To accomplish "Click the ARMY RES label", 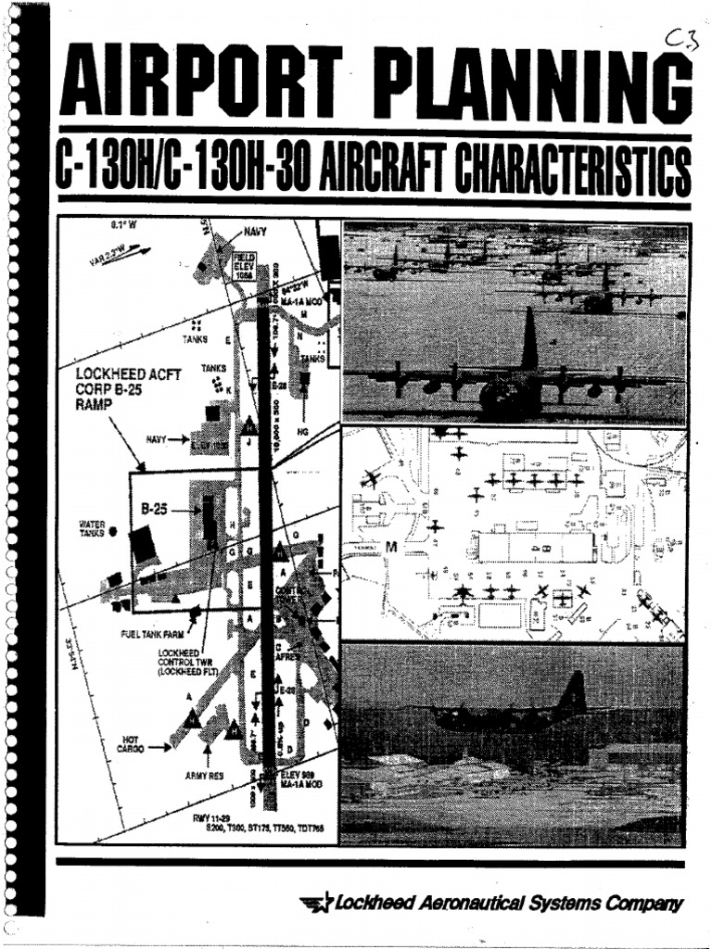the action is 207,774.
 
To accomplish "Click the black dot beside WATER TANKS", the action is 112,532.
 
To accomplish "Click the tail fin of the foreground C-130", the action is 529,341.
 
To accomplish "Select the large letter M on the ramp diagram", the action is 390,548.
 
